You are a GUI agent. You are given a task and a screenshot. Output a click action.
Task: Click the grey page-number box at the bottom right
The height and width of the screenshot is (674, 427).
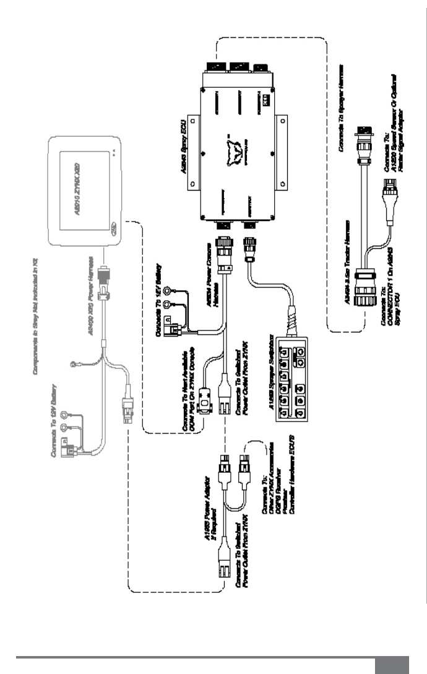[x=392, y=665]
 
